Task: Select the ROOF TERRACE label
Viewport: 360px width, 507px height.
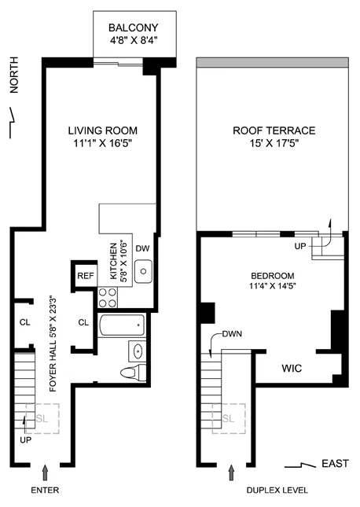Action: pyautogui.click(x=274, y=130)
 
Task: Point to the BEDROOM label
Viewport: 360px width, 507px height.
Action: pyautogui.click(x=272, y=276)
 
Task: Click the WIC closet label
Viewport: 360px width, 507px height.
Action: pyautogui.click(x=292, y=368)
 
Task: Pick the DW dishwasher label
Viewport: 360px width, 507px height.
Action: pyautogui.click(x=142, y=249)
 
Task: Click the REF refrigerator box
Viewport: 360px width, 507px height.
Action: pyautogui.click(x=84, y=276)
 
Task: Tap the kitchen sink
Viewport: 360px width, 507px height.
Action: pyautogui.click(x=143, y=274)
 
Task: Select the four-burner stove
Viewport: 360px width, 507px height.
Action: pyautogui.click(x=107, y=298)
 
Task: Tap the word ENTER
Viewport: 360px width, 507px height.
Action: pyautogui.click(x=46, y=490)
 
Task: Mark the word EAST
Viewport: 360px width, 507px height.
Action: pyautogui.click(x=334, y=464)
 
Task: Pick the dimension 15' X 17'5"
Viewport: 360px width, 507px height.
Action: pyautogui.click(x=274, y=144)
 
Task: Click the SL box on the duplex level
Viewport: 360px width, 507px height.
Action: pyautogui.click(x=229, y=417)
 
